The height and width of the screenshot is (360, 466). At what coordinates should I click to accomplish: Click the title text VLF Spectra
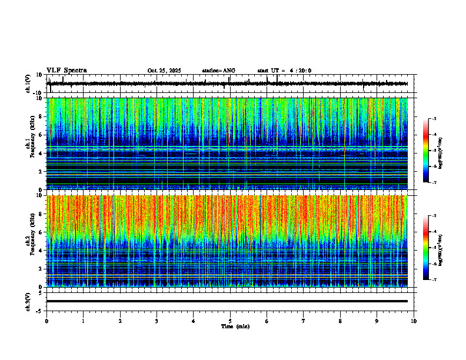(x=66, y=71)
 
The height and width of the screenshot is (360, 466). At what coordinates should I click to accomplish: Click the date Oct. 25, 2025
(x=164, y=71)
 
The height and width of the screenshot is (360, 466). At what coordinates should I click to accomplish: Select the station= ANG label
(x=218, y=71)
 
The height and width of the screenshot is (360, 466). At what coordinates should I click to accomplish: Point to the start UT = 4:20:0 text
(x=284, y=71)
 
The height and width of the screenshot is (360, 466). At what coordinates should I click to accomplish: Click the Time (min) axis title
(x=235, y=326)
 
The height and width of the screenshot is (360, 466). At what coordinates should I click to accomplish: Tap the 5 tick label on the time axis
(x=230, y=321)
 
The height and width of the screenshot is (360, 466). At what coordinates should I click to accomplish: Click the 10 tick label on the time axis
(x=414, y=321)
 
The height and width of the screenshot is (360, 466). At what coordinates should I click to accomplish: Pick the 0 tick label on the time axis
(x=46, y=321)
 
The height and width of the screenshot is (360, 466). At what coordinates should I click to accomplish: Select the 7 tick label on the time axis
(x=304, y=321)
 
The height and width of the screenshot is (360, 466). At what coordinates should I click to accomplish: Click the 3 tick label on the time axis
(x=157, y=321)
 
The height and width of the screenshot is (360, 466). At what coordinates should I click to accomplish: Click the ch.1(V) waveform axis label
(x=28, y=84)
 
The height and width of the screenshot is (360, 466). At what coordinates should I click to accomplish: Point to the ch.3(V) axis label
(x=28, y=301)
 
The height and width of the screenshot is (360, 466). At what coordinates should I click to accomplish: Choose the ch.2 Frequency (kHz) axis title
(x=29, y=241)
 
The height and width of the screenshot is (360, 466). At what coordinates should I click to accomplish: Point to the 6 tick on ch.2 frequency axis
(x=41, y=232)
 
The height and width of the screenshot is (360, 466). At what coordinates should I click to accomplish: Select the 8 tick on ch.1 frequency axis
(x=41, y=116)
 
